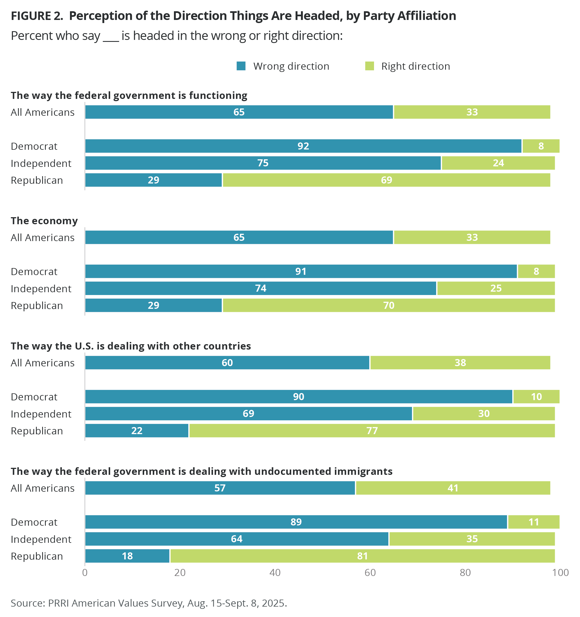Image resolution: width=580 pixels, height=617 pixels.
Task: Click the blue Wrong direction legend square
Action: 241,66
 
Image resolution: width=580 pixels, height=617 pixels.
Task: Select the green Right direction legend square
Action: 369,66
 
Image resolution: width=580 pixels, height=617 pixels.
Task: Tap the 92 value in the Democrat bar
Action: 303,146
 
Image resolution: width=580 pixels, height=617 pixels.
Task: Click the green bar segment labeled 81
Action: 362,556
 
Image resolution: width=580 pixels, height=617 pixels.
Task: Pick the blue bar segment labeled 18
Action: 127,556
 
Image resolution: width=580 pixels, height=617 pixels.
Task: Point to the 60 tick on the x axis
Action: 370,573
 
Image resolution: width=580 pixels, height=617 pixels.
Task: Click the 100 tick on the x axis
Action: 560,573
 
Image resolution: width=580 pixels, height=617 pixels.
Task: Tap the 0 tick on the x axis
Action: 85,573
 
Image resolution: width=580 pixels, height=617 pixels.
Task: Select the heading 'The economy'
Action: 44,221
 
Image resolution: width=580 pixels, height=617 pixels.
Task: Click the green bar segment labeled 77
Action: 372,430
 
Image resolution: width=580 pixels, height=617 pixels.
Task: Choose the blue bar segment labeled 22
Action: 137,430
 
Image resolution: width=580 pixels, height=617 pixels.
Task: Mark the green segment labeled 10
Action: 536,397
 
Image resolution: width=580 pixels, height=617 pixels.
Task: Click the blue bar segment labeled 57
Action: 220,488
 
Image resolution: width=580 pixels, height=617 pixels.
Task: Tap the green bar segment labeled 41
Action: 453,488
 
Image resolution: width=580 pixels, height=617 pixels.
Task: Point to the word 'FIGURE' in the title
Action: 31,16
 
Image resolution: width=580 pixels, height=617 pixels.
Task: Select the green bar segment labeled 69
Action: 386,180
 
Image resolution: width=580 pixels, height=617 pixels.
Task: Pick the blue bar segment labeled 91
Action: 301,271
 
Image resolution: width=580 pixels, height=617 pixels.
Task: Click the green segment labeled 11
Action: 534,522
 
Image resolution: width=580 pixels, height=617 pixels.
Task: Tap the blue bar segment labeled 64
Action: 237,539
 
